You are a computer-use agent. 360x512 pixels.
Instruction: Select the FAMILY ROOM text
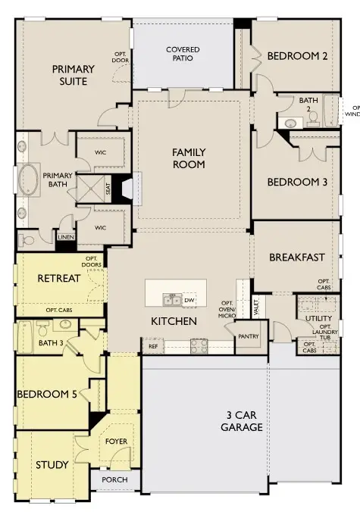189,158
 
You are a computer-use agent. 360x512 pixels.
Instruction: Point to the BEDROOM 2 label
298,56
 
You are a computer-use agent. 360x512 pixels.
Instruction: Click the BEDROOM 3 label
298,182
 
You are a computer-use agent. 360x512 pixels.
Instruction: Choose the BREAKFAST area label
296,257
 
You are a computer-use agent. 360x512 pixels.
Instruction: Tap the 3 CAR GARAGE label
243,421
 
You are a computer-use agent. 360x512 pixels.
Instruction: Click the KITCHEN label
174,321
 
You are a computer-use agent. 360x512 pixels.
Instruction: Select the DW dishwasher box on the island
189,300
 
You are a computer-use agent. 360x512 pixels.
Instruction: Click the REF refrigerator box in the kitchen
152,346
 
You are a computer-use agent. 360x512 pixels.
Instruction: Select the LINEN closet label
66,238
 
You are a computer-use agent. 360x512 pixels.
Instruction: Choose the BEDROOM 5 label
45,396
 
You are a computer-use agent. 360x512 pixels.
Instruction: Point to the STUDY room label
52,464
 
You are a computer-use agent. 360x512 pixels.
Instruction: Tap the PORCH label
115,480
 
